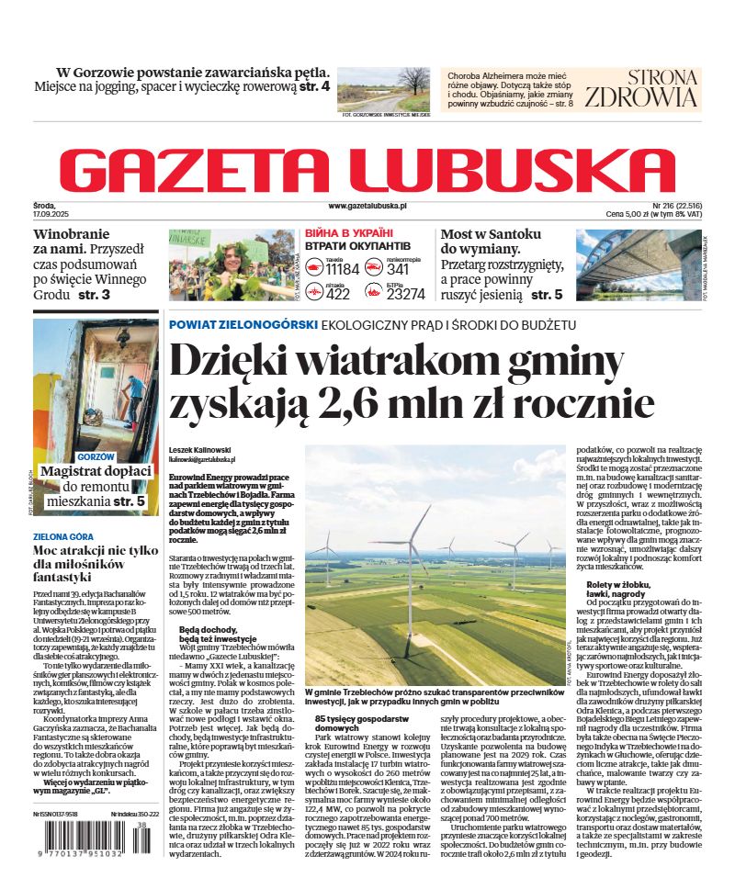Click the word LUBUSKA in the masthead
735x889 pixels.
pyautogui.click(x=514, y=169)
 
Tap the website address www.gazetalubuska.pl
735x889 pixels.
pyautogui.click(x=367, y=208)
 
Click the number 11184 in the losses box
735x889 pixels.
pyautogui.click(x=342, y=269)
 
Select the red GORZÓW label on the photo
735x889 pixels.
pyautogui.click(x=96, y=456)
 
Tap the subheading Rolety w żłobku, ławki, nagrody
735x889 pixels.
pyautogui.click(x=628, y=589)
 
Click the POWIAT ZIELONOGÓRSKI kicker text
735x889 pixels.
pyautogui.click(x=243, y=325)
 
